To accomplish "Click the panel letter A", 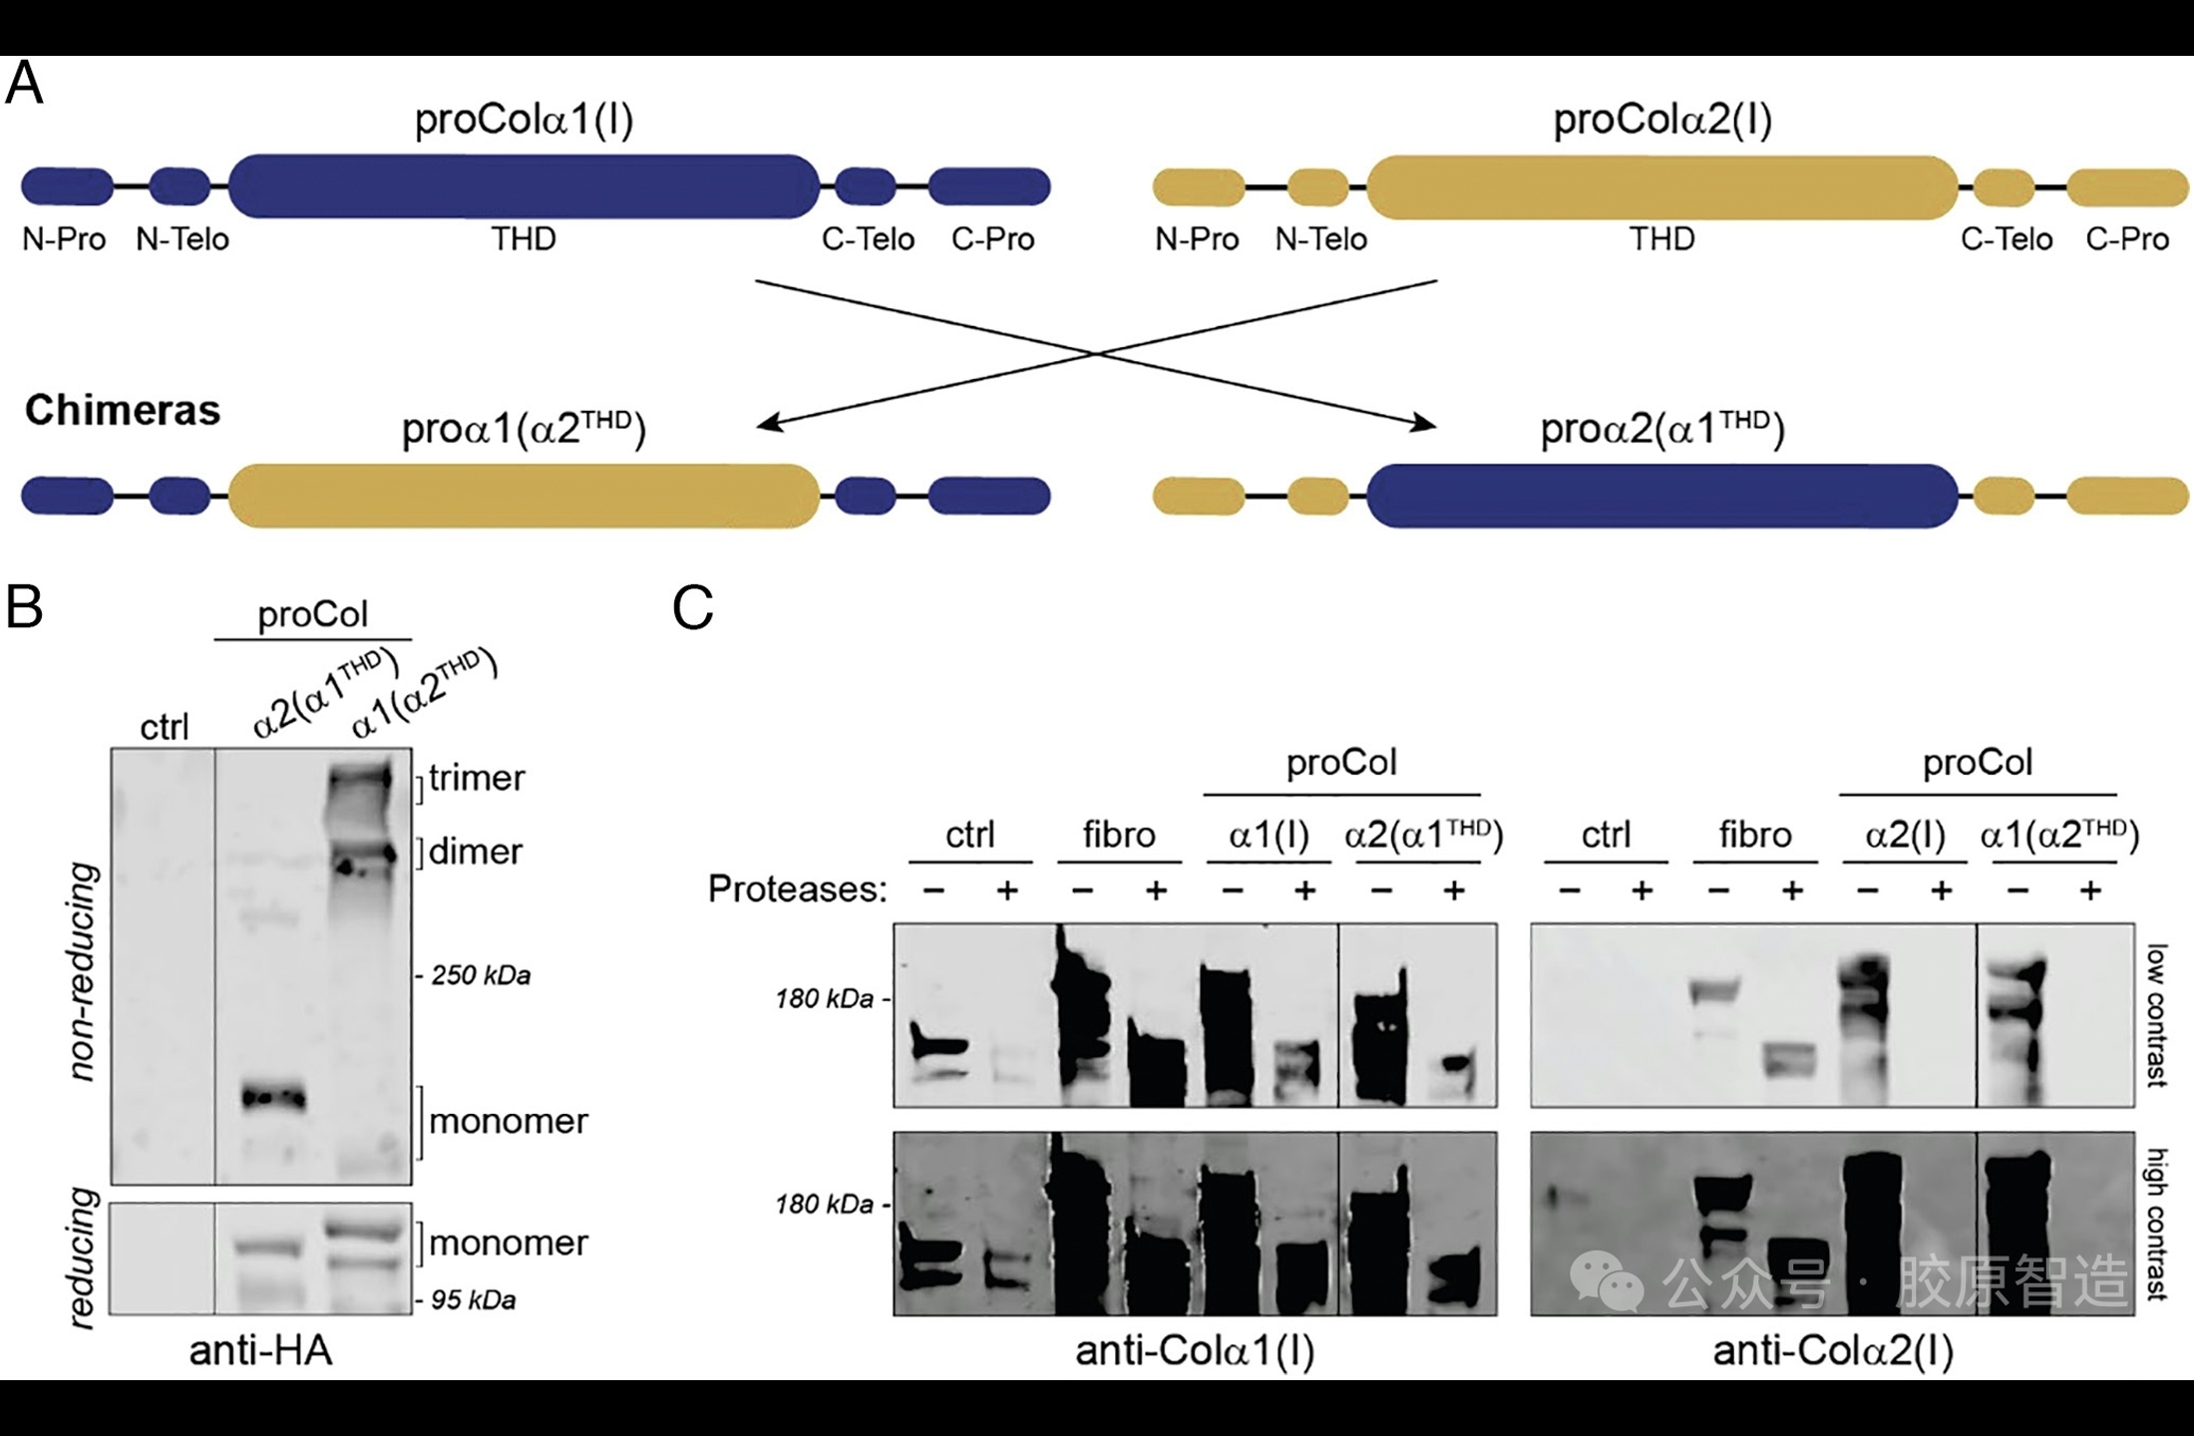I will tap(25, 83).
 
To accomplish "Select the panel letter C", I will tap(693, 607).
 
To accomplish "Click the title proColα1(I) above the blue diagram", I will tap(524, 120).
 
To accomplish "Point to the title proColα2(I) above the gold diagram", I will tap(1662, 120).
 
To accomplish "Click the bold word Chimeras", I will tap(123, 410).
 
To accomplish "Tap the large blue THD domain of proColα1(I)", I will tap(524, 186).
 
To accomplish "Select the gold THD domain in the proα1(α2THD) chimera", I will tap(524, 496).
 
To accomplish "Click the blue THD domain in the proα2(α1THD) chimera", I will tap(1662, 496).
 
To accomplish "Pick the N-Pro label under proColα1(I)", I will tap(65, 239).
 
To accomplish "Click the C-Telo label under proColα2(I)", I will tap(2007, 239).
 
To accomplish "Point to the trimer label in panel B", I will tap(477, 778).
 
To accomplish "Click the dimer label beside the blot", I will tap(476, 852).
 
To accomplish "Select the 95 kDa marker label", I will tap(473, 1300).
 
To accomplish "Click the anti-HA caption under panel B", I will tap(260, 1350).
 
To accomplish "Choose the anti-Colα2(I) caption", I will tap(1833, 1350).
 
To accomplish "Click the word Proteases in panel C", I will tap(797, 889).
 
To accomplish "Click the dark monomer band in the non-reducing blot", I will tap(273, 1098).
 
